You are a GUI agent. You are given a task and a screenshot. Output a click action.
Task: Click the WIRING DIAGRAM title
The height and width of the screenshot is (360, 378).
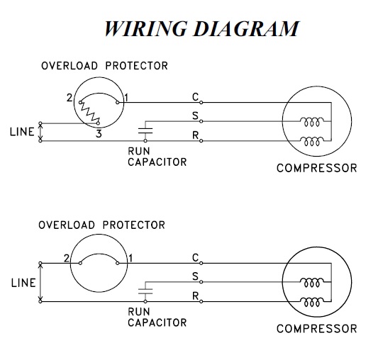coord(201,28)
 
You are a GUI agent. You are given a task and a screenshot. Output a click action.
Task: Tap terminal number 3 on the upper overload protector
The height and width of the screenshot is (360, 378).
coord(99,133)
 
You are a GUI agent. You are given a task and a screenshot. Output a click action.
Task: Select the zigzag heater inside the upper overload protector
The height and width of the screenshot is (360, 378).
coord(89,113)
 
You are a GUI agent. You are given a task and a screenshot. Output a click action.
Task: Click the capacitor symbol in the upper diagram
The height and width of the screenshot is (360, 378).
coord(145,131)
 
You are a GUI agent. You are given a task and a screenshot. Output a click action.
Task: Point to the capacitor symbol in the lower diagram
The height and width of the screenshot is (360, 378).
coord(145,291)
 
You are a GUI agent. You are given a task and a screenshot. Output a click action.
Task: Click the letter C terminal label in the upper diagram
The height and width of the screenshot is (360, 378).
coord(195,97)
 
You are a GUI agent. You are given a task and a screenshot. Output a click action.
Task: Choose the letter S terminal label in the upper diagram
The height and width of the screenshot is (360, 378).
coord(195,116)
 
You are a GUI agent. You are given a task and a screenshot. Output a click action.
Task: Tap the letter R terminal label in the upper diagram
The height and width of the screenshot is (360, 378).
coord(195,135)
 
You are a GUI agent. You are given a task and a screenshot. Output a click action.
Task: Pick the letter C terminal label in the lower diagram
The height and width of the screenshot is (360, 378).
coord(195,257)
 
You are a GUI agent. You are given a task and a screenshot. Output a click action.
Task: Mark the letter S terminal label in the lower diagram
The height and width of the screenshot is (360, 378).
coord(195,276)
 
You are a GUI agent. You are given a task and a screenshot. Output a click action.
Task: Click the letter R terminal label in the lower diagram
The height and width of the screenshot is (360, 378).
coord(195,296)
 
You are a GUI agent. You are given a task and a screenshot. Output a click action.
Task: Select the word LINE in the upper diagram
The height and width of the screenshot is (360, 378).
coord(22,132)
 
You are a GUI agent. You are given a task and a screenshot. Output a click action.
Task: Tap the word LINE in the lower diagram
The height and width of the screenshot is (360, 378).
coord(23,283)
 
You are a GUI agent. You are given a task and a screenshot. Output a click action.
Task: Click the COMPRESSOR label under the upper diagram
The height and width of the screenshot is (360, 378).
coord(317,168)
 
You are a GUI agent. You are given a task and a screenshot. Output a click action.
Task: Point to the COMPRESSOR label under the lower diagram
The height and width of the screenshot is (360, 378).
coord(317,329)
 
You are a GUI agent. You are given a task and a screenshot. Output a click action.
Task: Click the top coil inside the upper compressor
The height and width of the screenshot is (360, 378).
coord(312,122)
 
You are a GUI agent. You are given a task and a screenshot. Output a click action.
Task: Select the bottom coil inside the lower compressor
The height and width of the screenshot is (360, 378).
coord(312,302)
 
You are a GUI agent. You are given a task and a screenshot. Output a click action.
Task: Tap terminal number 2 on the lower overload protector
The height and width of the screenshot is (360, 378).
coord(67,259)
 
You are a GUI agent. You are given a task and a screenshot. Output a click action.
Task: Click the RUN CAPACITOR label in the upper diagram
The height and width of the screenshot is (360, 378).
coord(157,157)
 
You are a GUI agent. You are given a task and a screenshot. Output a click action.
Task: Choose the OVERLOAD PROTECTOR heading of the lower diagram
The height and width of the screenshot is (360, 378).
coord(101,225)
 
